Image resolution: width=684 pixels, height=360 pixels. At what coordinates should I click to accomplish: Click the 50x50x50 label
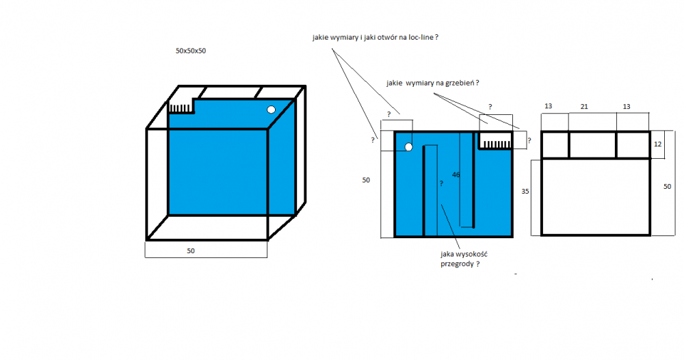190,51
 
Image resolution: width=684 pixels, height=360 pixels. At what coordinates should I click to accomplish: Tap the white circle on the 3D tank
271,110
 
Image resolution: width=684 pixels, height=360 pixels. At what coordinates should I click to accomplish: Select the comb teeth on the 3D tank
181,108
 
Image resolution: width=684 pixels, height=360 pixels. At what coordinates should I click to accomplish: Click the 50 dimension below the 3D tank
191,251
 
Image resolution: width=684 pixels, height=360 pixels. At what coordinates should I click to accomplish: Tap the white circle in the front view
408,146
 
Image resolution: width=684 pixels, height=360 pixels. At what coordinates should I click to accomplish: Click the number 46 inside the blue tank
456,175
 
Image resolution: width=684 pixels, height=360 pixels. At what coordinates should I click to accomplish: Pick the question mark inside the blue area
441,184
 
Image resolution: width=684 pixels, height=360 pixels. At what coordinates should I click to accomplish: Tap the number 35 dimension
525,192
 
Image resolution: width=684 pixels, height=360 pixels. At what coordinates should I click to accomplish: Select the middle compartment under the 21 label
592,144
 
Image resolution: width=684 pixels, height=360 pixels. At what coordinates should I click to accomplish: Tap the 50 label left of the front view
366,180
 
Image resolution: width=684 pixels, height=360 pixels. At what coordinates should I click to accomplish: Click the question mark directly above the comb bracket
490,107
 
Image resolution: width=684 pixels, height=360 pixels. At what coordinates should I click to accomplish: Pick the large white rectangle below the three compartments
595,196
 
